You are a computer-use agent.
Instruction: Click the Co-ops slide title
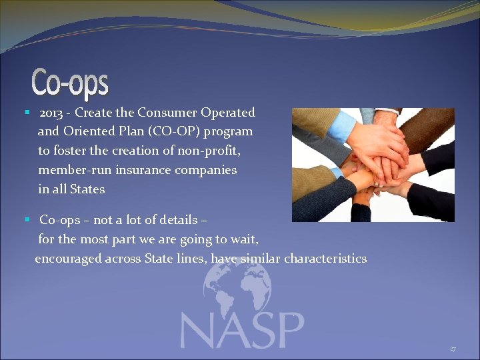(x=70, y=83)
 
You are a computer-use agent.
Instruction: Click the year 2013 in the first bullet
(x=52, y=113)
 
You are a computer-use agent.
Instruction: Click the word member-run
(x=75, y=170)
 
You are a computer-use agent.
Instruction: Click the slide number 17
(x=453, y=349)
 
